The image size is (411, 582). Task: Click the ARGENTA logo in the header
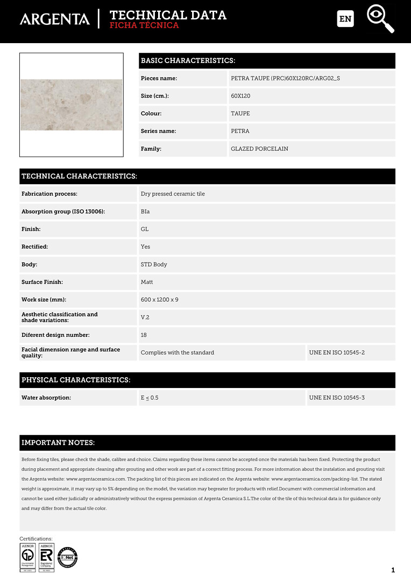[55, 19]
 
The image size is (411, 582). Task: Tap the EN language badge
[345, 19]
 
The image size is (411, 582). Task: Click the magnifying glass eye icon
[380, 18]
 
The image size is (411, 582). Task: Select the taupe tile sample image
[72, 105]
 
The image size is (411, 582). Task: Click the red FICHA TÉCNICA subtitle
[144, 25]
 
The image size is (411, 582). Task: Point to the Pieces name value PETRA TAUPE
[285, 79]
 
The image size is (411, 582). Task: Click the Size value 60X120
[240, 96]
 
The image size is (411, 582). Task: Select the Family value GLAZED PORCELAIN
[259, 149]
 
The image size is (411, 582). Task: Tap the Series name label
[158, 131]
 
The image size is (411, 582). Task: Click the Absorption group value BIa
[145, 212]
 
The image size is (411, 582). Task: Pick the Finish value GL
[145, 229]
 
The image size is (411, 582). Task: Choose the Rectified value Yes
[145, 247]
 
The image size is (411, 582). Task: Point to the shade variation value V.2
[145, 317]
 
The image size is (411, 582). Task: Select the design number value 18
[144, 335]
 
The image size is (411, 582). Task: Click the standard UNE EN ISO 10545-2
[337, 352]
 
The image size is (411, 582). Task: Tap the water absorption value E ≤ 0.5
[150, 398]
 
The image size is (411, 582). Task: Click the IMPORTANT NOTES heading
[58, 443]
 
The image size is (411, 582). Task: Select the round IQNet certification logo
[68, 557]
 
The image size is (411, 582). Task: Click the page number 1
[393, 570]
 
